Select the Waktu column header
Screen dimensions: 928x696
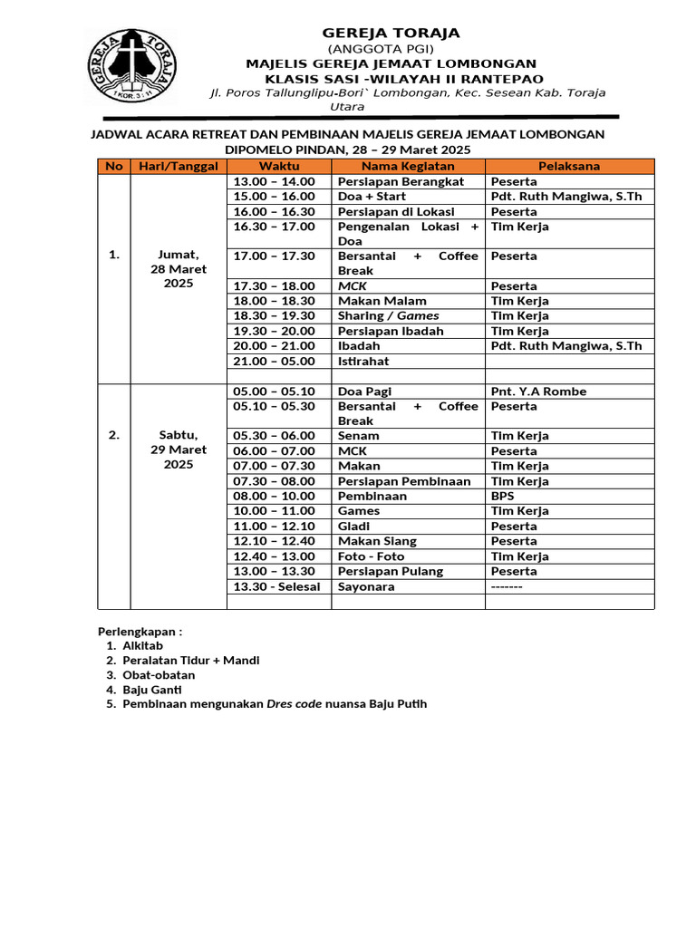pos(278,166)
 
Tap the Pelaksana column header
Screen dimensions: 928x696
pos(569,166)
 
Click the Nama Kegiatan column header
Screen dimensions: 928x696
pos(408,166)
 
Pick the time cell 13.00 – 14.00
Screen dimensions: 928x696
pos(275,181)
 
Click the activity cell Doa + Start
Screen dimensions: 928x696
pos(372,196)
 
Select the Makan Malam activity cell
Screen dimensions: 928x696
pos(382,301)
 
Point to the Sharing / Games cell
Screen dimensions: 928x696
pos(388,315)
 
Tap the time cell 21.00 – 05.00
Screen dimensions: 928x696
pos(275,361)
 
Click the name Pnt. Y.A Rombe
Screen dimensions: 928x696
pos(538,391)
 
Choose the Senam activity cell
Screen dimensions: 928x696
pos(358,436)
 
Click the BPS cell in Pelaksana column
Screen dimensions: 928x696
pos(502,496)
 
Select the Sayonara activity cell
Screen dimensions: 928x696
pos(367,586)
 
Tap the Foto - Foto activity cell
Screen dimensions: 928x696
pos(371,556)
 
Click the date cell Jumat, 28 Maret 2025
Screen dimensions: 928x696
pos(179,269)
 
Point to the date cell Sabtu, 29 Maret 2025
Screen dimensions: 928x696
pos(179,449)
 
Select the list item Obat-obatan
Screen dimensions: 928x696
pos(159,675)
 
